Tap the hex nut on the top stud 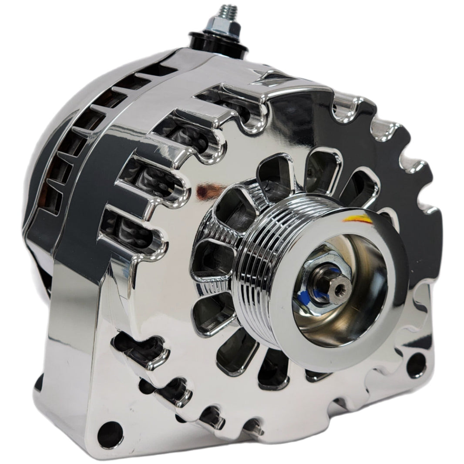coord(226,27)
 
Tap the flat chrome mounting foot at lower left coord(70,392)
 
